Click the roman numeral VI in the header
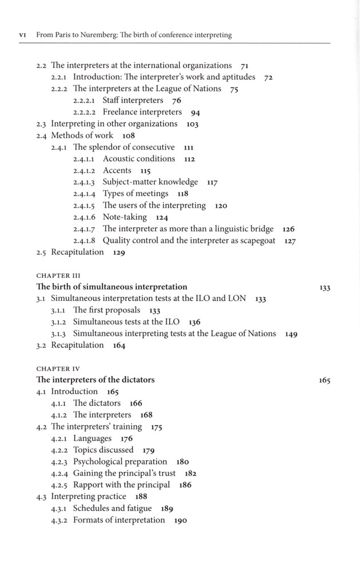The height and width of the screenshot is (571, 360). [x=23, y=35]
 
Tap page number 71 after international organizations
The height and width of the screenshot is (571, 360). [x=245, y=66]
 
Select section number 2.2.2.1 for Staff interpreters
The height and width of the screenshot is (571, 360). [x=86, y=101]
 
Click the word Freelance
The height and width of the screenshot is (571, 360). [x=121, y=112]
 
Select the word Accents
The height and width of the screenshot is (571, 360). [x=117, y=171]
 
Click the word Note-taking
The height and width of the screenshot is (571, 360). [x=125, y=218]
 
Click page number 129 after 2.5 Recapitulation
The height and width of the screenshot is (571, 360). [x=119, y=253]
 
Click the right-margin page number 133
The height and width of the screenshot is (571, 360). [x=325, y=288]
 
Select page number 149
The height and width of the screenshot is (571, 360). [x=291, y=335]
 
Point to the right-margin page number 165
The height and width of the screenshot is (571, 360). [x=325, y=381]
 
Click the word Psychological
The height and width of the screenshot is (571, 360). [x=103, y=462]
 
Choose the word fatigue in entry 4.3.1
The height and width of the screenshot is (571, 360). [x=139, y=509]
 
